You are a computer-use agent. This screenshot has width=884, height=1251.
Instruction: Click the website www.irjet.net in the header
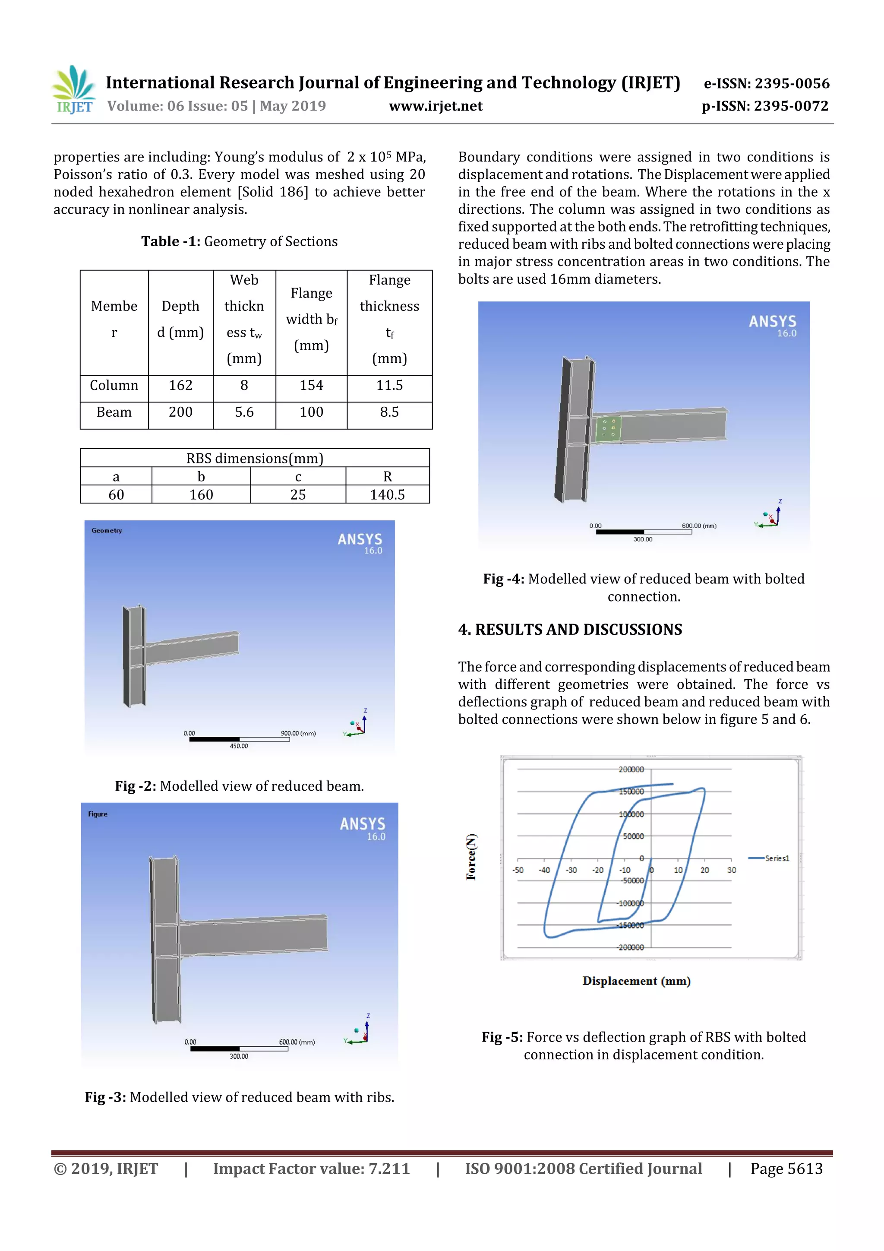click(x=435, y=106)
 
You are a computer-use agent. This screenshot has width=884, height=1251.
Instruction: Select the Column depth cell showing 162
click(x=180, y=385)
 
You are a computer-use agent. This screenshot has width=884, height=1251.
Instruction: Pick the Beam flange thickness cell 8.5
click(x=389, y=412)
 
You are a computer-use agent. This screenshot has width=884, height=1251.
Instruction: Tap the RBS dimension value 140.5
click(x=387, y=495)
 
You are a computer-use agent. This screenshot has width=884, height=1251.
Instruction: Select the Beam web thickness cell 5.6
click(x=244, y=412)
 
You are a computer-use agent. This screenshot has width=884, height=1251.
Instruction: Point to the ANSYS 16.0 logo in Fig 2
click(x=360, y=543)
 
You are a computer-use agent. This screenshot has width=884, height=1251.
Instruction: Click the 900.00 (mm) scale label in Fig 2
click(x=298, y=733)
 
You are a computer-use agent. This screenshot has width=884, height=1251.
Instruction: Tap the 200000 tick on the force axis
click(x=631, y=770)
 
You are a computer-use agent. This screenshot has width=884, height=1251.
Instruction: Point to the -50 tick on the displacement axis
click(x=518, y=870)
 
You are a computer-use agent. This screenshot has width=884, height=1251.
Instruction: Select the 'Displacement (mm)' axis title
click(x=636, y=981)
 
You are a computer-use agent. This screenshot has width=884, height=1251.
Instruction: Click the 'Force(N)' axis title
click(x=471, y=856)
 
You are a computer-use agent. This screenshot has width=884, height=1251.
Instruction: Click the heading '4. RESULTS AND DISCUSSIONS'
click(x=570, y=630)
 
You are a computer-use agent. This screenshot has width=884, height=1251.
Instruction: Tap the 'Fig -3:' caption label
click(x=105, y=1097)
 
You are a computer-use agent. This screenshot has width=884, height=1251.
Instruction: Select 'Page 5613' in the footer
click(x=786, y=1168)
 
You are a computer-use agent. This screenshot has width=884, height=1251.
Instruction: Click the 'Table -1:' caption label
click(x=170, y=241)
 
